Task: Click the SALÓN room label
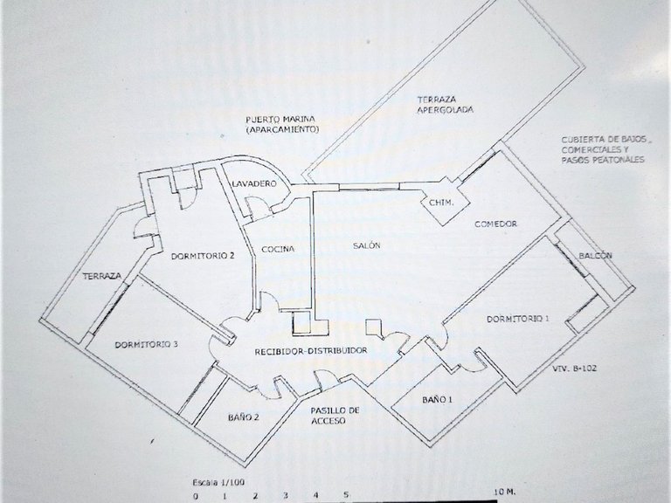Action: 367,245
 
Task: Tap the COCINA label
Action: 278,249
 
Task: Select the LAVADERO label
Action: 254,184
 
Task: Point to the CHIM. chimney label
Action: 441,203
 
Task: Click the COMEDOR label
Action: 495,224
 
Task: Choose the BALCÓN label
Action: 595,256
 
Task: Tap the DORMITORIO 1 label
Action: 518,319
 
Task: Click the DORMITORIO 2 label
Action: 203,256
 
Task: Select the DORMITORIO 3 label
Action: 147,344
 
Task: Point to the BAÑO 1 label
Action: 438,400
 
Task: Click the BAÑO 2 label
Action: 244,417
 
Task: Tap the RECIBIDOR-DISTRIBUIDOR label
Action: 311,351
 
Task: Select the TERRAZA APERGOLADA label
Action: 446,105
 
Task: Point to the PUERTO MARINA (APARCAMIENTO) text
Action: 282,124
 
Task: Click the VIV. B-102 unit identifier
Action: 574,368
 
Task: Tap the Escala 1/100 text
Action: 218,482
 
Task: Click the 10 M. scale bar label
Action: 505,493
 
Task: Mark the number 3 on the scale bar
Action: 286,496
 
